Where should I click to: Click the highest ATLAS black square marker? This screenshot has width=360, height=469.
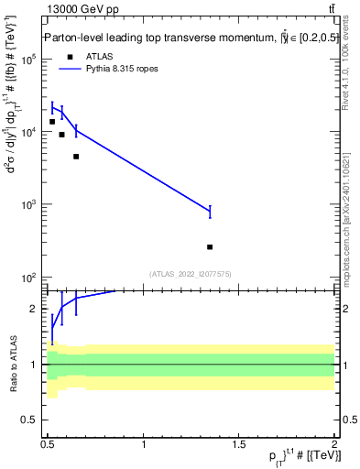(x=52, y=122)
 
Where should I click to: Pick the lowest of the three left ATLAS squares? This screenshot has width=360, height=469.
(x=76, y=157)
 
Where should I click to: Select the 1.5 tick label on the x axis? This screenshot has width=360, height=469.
(x=239, y=444)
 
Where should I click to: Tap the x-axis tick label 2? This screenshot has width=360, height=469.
(x=334, y=444)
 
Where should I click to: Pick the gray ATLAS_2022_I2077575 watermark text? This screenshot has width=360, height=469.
(x=191, y=273)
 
